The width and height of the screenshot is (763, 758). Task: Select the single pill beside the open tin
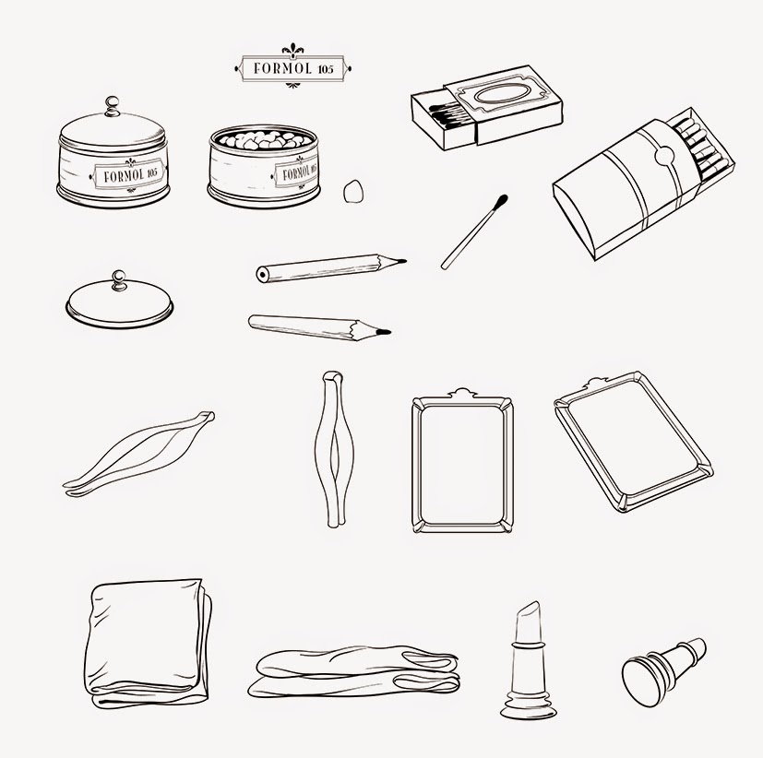point(352,191)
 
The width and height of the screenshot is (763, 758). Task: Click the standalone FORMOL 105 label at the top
point(292,67)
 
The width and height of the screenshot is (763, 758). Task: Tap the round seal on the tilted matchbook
point(664,156)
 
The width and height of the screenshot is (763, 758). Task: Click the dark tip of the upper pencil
point(400,261)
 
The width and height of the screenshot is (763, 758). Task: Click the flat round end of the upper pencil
point(263,275)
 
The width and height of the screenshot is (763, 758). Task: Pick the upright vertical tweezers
point(334,450)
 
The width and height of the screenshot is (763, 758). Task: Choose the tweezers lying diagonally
point(138,454)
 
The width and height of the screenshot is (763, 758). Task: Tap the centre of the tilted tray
point(634,442)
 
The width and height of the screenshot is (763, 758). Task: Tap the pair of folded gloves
point(353,671)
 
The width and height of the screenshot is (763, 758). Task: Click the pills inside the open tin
point(264,139)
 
